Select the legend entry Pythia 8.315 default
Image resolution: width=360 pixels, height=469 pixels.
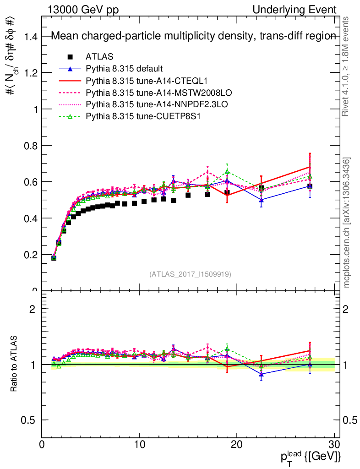(x=124, y=69)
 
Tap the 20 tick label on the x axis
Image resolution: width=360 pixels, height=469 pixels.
(x=237, y=445)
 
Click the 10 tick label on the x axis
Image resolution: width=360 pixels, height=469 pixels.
(x=139, y=445)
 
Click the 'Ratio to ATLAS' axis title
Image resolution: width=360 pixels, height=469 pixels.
(x=15, y=365)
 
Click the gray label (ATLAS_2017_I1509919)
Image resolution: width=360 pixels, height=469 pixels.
(x=190, y=274)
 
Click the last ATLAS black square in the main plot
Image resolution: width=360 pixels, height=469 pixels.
(x=310, y=186)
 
